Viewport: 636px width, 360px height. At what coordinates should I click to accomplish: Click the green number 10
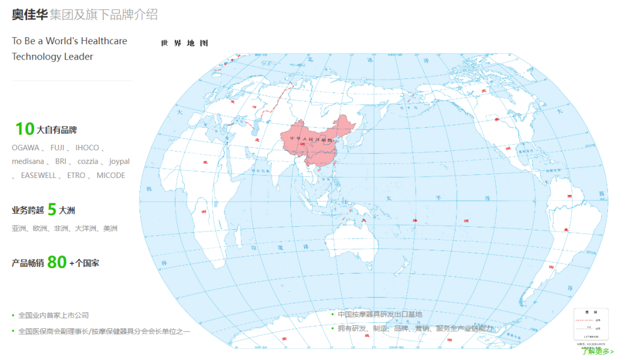point(25,129)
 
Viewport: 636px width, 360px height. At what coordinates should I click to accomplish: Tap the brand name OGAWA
point(25,148)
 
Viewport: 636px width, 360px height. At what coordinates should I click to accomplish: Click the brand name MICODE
point(111,176)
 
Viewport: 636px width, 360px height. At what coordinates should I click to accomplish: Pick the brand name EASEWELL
point(38,176)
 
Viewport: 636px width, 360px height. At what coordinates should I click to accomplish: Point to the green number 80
point(57,262)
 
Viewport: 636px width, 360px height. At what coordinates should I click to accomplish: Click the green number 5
point(52,210)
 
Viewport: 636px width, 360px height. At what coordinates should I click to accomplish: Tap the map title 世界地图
point(184,43)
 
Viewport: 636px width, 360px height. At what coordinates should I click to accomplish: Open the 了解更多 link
point(597,352)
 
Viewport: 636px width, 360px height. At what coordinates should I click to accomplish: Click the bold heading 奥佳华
point(29,15)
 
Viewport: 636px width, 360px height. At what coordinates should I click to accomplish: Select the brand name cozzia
point(88,161)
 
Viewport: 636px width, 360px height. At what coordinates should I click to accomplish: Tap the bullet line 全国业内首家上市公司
point(54,315)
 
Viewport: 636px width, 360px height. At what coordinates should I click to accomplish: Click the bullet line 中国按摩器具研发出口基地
point(380,315)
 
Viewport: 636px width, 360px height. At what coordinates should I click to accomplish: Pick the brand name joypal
point(120,161)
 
